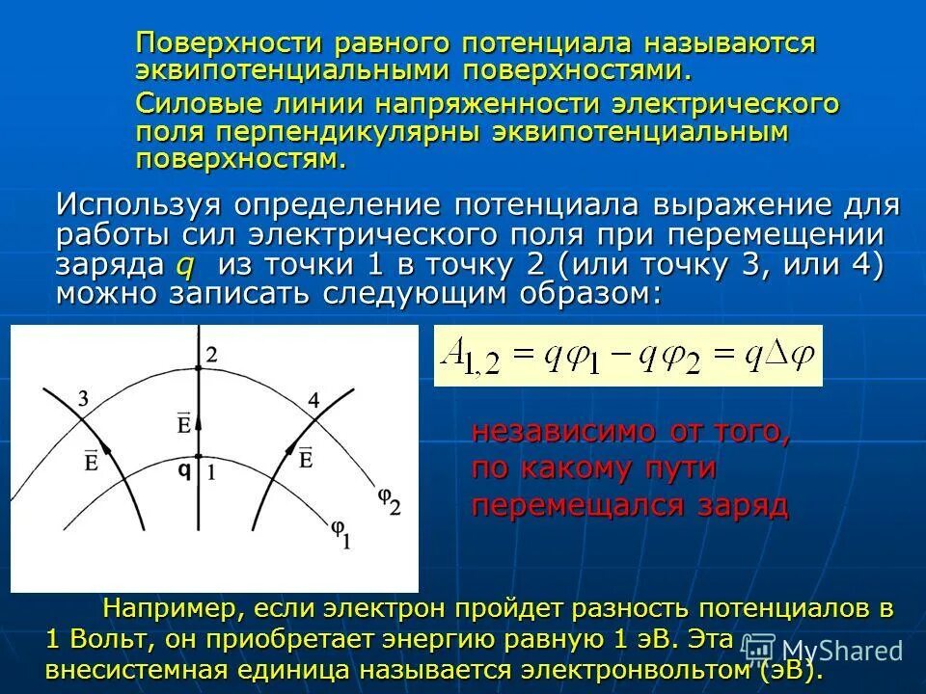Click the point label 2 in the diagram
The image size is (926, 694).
211,355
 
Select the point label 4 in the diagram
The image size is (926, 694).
313,399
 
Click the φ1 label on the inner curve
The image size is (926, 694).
340,532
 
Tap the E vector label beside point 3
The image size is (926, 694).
91,461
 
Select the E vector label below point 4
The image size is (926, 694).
306,458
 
